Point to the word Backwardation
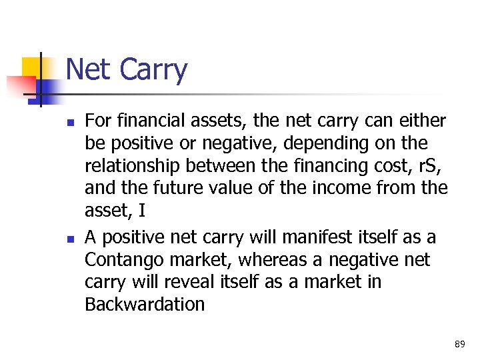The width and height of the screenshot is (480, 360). coord(145,305)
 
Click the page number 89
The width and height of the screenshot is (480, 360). coord(459,344)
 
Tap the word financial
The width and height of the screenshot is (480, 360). coord(152,121)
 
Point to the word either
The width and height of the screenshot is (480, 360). coord(419,121)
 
